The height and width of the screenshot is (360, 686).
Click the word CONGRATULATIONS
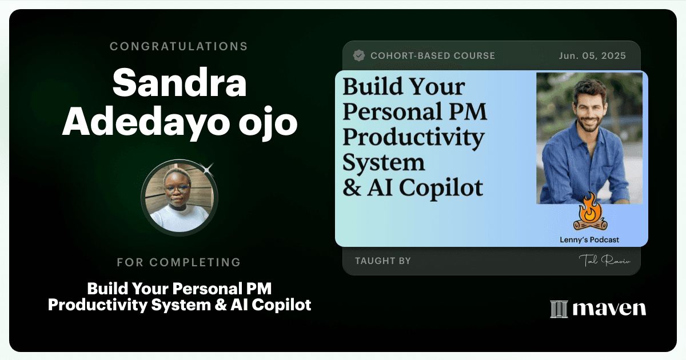(x=179, y=46)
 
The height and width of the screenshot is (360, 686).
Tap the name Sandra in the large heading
(x=180, y=83)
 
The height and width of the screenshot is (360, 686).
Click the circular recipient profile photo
(x=180, y=198)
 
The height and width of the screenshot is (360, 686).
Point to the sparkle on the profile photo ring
(x=208, y=169)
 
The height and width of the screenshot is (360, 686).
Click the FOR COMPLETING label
(x=179, y=262)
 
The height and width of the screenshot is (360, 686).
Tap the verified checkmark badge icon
(x=358, y=55)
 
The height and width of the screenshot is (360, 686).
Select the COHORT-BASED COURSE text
(x=433, y=55)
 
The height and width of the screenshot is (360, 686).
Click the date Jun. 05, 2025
(x=592, y=55)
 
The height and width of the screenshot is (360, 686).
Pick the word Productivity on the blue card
(x=413, y=138)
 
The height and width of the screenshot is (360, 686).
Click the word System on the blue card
(x=384, y=163)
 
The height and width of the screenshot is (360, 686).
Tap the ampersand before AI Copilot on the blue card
(x=352, y=187)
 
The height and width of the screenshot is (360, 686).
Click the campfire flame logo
(x=590, y=212)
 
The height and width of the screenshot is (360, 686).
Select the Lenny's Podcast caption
(x=589, y=239)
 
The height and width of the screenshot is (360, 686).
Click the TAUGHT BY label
(x=383, y=261)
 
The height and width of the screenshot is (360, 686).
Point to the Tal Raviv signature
(x=605, y=261)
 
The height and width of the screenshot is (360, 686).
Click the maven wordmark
(x=609, y=308)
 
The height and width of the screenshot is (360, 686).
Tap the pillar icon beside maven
(x=559, y=309)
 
